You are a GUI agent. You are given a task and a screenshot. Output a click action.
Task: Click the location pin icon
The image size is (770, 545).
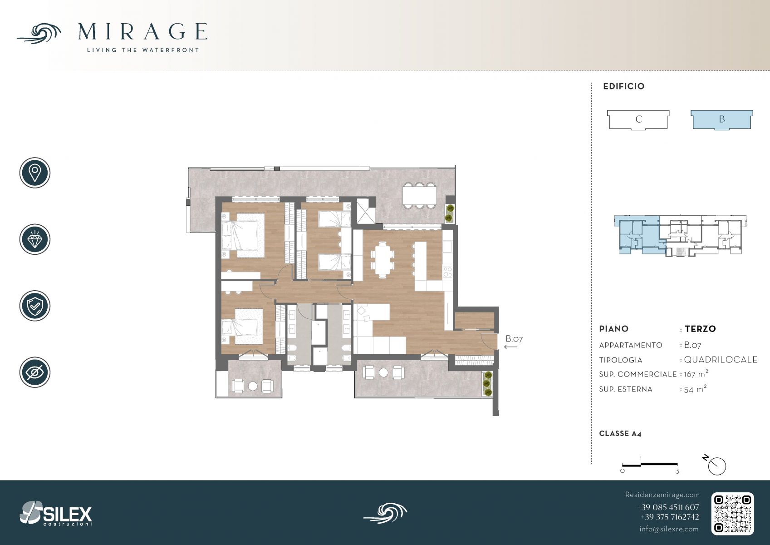pos(35,173)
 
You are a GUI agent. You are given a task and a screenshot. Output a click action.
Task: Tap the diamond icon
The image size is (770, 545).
pos(35,239)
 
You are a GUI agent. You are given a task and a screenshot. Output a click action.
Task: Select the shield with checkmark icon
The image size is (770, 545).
pos(35,306)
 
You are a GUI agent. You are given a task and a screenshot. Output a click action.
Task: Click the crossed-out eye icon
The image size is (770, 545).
pos(35,372)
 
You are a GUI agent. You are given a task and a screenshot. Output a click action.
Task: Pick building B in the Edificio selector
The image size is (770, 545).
pos(722,119)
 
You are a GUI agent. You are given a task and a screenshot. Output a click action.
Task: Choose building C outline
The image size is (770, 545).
pos(638,119)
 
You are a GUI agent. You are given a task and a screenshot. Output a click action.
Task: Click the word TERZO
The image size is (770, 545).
pos(700,329)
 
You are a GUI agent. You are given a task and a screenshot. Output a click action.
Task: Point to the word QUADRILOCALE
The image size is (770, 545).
pos(721,360)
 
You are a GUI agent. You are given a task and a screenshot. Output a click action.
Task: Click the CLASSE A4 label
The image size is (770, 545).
pos(620,434)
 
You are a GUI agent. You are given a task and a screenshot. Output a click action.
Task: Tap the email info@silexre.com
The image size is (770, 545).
pos(669,529)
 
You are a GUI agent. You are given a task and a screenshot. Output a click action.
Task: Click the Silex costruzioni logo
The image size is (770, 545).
pos(56,513)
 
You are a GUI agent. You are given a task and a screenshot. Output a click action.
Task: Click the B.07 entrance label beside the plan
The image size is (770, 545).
pos(514,339)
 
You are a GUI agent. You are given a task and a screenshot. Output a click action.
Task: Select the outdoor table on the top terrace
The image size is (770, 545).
pos(420,195)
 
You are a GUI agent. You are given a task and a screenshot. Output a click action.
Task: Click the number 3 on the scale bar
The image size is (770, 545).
pos(677,471)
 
